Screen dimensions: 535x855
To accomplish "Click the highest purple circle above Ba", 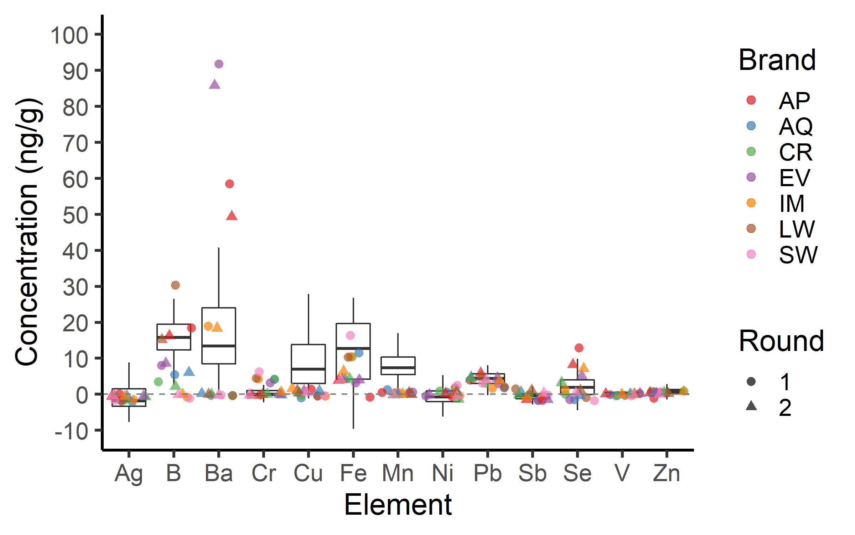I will [x=219, y=64].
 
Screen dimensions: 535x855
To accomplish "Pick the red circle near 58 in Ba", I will [x=229, y=184].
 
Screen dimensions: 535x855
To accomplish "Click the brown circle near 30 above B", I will [x=175, y=285].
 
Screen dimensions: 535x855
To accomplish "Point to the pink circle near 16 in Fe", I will [x=350, y=335].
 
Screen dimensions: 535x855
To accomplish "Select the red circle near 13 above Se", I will [x=579, y=348].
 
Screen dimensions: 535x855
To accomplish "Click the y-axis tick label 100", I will [x=69, y=36].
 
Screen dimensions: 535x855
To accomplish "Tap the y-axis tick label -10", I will [x=71, y=432].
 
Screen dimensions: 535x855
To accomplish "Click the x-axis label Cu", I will [x=308, y=474].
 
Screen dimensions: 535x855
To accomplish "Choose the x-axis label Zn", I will [x=667, y=474].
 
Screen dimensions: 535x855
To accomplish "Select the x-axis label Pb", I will [x=488, y=474].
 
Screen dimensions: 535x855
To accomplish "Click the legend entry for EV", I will [x=794, y=178].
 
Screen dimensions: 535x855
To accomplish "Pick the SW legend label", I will [x=798, y=255].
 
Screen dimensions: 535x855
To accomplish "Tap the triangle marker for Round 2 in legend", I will [x=751, y=406].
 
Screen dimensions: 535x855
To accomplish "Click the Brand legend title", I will [x=777, y=60].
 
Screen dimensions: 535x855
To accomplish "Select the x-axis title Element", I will [x=398, y=505].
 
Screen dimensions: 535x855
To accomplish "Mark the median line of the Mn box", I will [x=398, y=367].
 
